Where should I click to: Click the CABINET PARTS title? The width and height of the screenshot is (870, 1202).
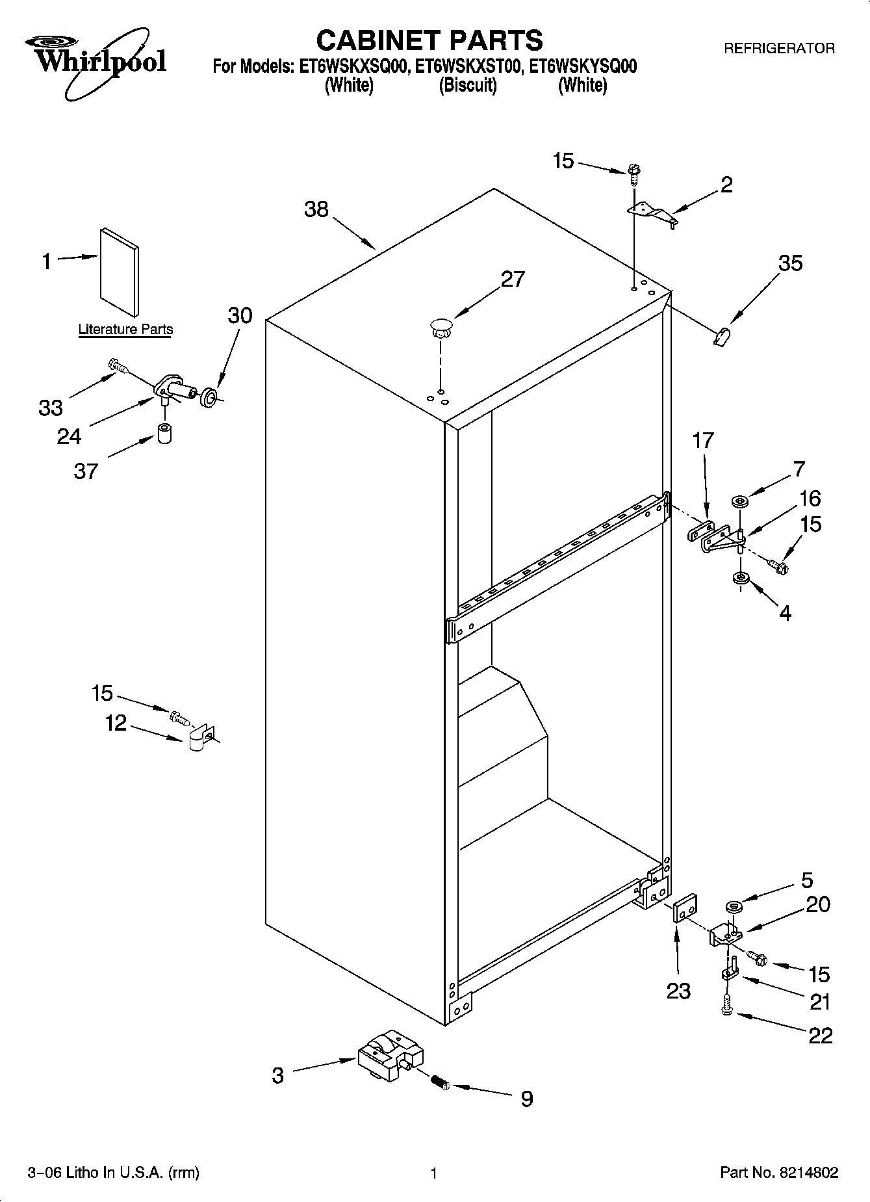pos(429,40)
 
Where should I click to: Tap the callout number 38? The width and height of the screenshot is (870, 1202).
pos(316,209)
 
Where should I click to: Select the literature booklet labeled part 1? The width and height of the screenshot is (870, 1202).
pos(119,270)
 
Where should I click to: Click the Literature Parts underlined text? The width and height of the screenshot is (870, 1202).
pos(125,330)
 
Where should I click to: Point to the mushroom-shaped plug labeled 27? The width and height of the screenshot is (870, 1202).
pos(441,326)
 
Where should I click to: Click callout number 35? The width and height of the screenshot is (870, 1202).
pos(790,263)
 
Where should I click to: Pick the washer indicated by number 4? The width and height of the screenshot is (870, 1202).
pos(739,577)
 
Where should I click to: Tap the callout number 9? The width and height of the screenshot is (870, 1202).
pos(527,1099)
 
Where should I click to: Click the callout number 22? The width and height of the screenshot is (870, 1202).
pos(820,1035)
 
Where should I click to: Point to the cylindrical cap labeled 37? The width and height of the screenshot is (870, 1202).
pos(165,434)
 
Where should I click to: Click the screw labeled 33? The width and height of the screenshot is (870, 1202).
pos(117,367)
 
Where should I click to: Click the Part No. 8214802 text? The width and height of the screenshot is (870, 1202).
pos(779,1173)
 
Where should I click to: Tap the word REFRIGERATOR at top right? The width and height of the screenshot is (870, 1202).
pos(779,48)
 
